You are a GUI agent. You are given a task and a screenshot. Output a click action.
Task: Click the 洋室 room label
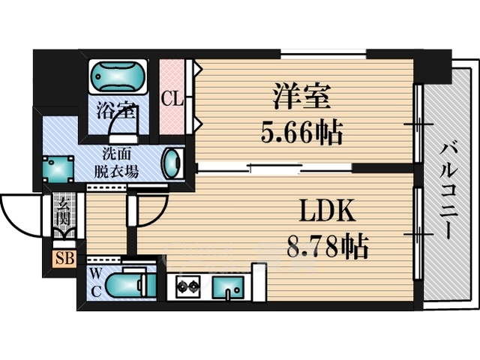pyautogui.click(x=301, y=97)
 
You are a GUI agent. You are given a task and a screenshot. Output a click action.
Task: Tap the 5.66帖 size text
pyautogui.click(x=301, y=133)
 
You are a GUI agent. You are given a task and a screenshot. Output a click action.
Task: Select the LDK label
pyautogui.click(x=327, y=211)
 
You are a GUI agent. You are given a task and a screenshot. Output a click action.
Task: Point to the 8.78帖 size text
pyautogui.click(x=327, y=246)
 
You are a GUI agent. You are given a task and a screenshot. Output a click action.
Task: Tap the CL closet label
pyautogui.click(x=172, y=98)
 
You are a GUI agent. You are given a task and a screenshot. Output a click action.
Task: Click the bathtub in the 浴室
pyautogui.click(x=118, y=76)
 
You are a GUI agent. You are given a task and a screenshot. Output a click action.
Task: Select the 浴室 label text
pyautogui.click(x=115, y=111)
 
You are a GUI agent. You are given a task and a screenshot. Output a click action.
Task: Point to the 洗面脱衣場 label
pyautogui.click(x=116, y=163)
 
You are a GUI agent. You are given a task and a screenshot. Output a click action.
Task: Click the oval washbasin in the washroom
pyautogui.click(x=173, y=163)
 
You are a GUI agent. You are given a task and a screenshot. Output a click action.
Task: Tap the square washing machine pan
pyautogui.click(x=58, y=169)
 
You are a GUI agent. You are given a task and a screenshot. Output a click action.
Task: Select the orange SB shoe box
pyautogui.click(x=65, y=259)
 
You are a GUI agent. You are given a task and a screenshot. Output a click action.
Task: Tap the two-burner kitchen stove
pyautogui.click(x=187, y=286)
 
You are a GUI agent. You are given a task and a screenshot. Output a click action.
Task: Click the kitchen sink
pyautogui.click(x=228, y=287)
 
